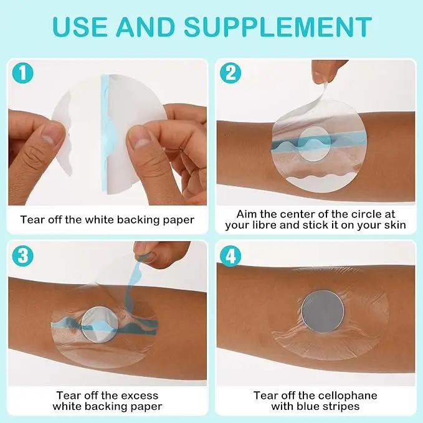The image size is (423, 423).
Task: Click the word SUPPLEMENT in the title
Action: [x=278, y=27]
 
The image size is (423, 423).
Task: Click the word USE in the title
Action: [x=80, y=27]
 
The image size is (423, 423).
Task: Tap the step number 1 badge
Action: [x=22, y=73]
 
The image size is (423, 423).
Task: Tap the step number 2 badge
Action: [x=231, y=73]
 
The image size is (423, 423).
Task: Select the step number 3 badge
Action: [x=22, y=256]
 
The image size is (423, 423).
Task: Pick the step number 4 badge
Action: [x=231, y=256]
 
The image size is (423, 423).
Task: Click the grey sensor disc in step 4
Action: [x=323, y=311]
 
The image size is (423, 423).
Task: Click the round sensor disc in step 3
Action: [x=100, y=324]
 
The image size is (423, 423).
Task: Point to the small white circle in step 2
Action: [x=315, y=143]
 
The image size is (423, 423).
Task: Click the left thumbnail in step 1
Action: [x=50, y=135]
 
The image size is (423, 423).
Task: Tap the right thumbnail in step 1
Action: [x=140, y=137]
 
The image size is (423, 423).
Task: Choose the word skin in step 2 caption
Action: [x=396, y=225]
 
